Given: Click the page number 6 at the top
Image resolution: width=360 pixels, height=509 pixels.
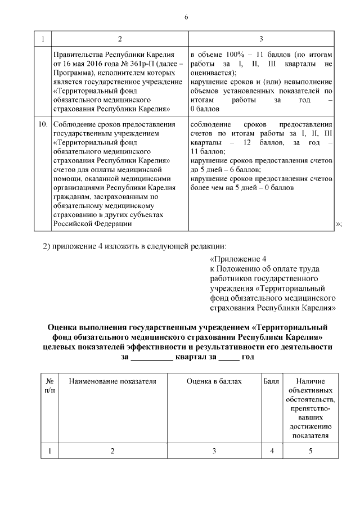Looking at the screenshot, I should [186, 17].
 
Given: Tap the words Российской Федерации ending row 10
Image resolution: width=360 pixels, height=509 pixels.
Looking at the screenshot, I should [93, 224].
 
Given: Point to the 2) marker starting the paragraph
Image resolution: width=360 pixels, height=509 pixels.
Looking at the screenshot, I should [48, 247].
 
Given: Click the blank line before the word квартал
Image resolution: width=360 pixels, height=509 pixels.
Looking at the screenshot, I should [151, 357].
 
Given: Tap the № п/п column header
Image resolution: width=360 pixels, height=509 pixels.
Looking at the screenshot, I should [49, 386].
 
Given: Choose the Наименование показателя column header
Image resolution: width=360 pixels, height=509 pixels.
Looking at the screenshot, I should [112, 382].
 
